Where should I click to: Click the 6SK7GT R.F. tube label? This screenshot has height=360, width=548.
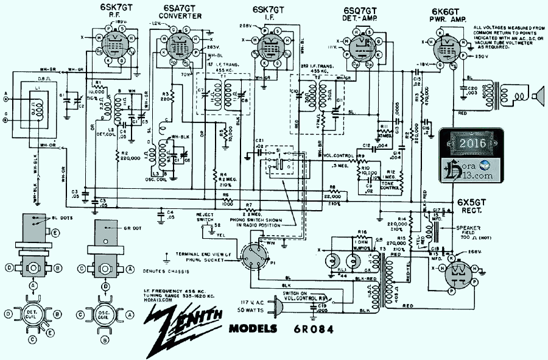tap(108, 12)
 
